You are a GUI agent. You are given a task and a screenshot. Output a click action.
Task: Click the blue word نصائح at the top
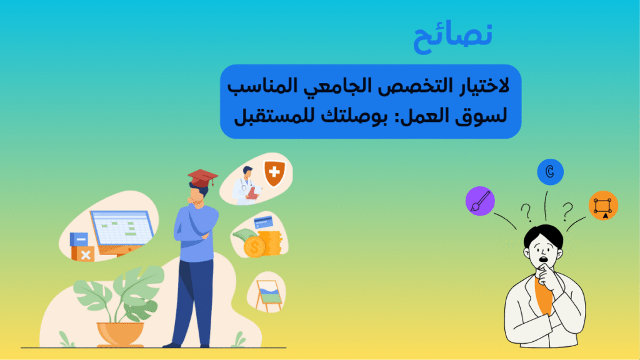pyautogui.click(x=453, y=38)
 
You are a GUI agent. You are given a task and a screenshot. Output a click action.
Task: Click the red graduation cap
pyautogui.click(x=202, y=178)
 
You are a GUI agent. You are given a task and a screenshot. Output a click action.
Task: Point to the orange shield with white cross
pyautogui.click(x=275, y=173)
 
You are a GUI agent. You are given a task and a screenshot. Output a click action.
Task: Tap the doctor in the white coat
pyautogui.click(x=246, y=186)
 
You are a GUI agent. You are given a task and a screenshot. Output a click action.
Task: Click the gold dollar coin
pyautogui.click(x=255, y=246)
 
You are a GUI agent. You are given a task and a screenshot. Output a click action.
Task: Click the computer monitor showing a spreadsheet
pyautogui.click(x=122, y=231)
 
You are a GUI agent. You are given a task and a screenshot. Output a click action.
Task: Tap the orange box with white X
pyautogui.click(x=83, y=254)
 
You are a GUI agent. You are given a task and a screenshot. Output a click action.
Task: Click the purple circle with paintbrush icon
pyautogui.click(x=480, y=201)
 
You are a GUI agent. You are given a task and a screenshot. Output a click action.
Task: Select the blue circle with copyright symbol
pyautogui.click(x=550, y=172)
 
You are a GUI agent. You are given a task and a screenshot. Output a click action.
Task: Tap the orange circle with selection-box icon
pyautogui.click(x=603, y=205)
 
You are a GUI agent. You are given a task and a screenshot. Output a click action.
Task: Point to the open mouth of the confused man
pyautogui.click(x=544, y=259)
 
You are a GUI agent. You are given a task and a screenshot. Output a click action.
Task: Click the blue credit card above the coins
pyautogui.click(x=263, y=222)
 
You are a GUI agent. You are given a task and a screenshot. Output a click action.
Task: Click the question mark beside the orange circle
pyautogui.click(x=567, y=211)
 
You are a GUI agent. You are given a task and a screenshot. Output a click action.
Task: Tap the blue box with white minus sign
pyautogui.click(x=79, y=239)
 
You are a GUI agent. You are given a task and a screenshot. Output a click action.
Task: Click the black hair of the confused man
pyautogui.click(x=542, y=234)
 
